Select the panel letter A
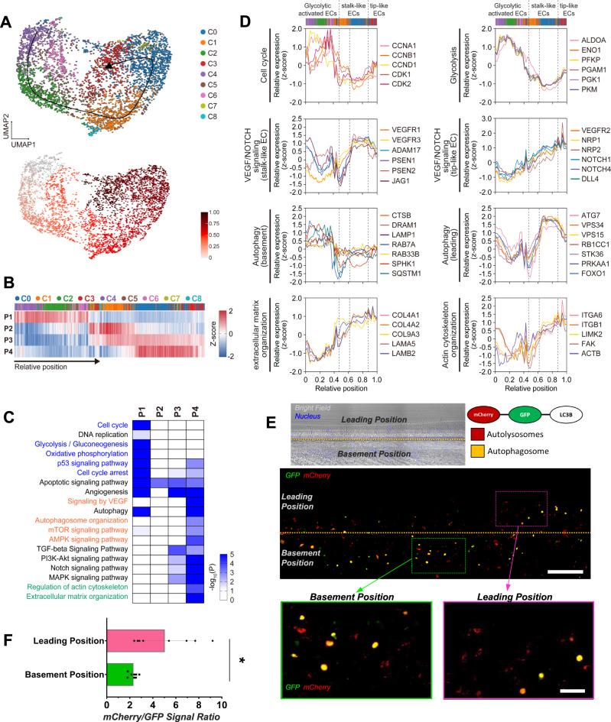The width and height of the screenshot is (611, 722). [6, 8]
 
